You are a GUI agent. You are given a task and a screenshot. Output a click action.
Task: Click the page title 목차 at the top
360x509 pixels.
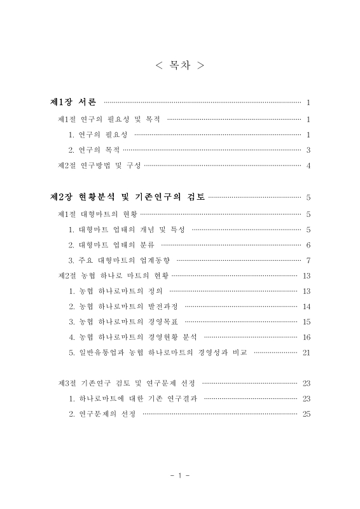(180, 66)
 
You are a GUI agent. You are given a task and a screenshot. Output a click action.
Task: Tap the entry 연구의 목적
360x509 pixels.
(94, 150)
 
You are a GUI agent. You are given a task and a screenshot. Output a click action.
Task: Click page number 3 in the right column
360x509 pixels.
(308, 150)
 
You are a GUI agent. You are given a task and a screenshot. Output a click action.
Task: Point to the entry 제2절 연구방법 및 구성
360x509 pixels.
(99, 166)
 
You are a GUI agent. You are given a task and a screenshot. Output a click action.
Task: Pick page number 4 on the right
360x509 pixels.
(308, 166)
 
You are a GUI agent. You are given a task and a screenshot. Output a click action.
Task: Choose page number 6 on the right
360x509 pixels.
(308, 244)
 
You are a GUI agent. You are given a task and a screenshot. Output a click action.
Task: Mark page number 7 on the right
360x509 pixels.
(308, 260)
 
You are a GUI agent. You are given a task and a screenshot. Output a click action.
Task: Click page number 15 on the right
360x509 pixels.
(307, 321)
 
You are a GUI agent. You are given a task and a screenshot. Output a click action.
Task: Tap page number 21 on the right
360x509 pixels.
(307, 352)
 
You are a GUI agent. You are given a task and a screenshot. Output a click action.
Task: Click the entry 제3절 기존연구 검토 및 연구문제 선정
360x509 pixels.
(126, 383)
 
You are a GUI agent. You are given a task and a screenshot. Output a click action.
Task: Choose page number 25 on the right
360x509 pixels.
(307, 414)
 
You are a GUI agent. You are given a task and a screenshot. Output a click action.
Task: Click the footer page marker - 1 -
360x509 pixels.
(180, 475)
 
